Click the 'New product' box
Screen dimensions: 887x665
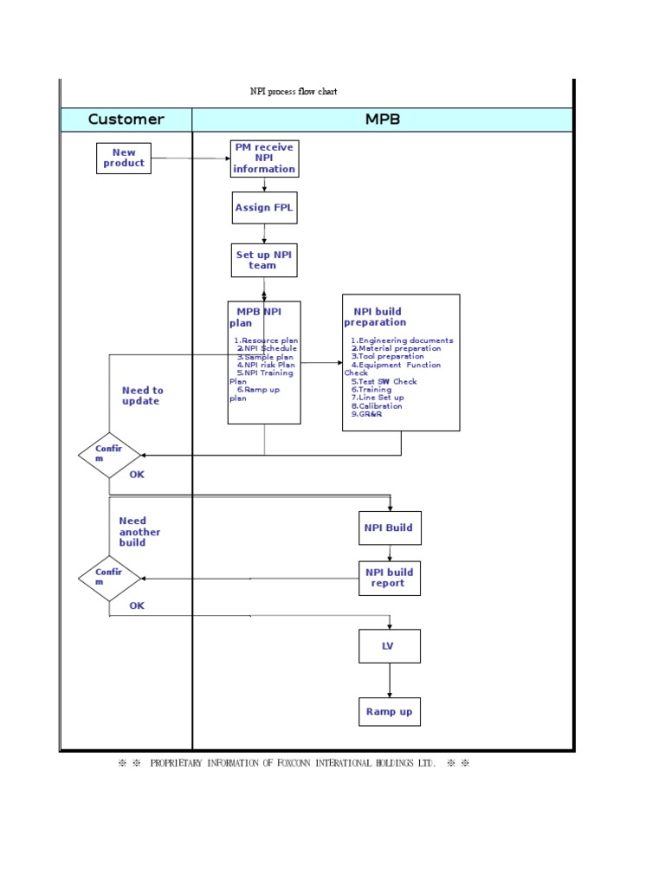coord(124,159)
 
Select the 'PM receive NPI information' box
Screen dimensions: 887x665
coord(264,159)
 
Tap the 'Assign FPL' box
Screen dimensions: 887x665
coord(264,208)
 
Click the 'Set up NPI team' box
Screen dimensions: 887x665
coord(264,260)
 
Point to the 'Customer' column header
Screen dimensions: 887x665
coord(126,120)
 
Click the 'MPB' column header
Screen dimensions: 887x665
coord(383,120)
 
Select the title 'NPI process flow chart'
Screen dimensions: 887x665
coord(294,92)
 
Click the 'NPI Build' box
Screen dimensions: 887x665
coord(390,528)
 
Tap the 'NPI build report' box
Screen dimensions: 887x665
coord(390,578)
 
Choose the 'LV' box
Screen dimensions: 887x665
coord(390,646)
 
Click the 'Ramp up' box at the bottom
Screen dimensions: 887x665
coord(390,712)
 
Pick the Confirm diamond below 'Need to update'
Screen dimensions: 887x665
coord(109,454)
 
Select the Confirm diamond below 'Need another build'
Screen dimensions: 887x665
coord(109,578)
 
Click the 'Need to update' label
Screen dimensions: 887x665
coord(142,396)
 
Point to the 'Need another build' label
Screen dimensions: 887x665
coord(139,532)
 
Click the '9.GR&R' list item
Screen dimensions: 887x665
coord(366,414)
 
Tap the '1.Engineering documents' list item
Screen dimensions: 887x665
coord(402,340)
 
